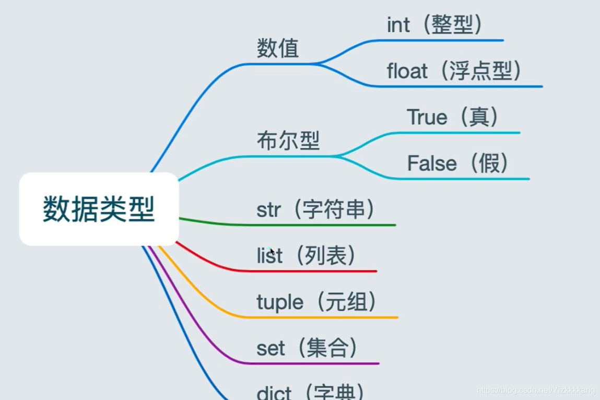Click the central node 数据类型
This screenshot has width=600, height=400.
pos(99,209)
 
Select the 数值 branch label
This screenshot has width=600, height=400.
pos(278,49)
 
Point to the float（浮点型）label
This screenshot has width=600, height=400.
pos(455,71)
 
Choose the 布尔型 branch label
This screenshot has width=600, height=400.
pos(288,140)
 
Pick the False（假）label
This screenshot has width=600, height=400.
pos(458,163)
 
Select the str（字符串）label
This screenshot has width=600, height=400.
pos(316,209)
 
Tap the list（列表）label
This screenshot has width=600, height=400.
pos(307,256)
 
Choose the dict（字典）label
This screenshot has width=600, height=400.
pos(311,392)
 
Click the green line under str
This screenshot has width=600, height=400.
pos(324,225)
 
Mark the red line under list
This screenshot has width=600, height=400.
pos(313,271)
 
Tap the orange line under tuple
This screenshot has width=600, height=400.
pos(324,317)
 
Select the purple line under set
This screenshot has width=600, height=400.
pos(313,363)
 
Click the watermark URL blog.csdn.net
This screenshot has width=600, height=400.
pos(536,390)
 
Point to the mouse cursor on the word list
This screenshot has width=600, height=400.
pos(272,252)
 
